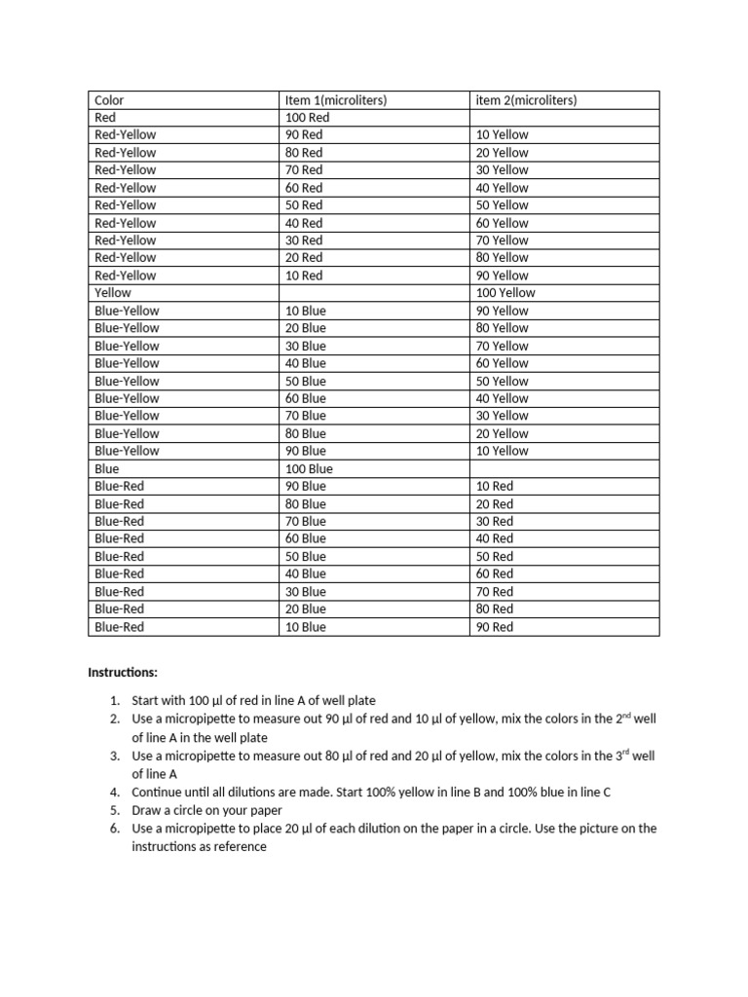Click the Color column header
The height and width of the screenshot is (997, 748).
click(x=109, y=99)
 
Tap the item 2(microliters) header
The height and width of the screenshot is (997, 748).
click(x=526, y=99)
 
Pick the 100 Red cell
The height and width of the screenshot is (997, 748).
click(x=309, y=117)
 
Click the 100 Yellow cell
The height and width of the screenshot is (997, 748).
click(x=505, y=292)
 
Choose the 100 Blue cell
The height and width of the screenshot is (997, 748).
click(x=309, y=468)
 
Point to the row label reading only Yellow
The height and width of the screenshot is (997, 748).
click(x=113, y=292)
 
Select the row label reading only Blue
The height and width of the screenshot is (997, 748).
click(x=107, y=468)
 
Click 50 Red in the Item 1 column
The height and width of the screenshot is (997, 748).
click(x=304, y=204)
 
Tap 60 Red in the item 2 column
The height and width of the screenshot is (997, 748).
click(x=495, y=573)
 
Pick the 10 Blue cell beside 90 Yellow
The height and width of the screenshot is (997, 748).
click(x=306, y=311)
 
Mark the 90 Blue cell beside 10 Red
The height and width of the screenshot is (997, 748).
click(x=306, y=486)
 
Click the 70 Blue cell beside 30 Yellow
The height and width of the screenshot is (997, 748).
click(x=306, y=416)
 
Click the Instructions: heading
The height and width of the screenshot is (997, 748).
click(x=122, y=672)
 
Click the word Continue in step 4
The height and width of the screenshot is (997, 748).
click(x=159, y=792)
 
